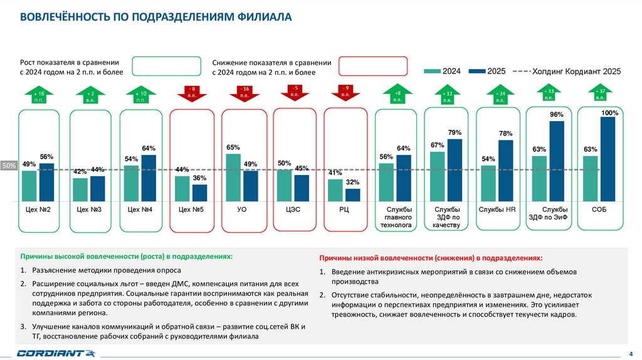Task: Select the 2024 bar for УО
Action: click(233, 177)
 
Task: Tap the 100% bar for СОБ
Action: click(608, 159)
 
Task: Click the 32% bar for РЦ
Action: click(353, 195)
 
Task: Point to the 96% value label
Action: click(557, 115)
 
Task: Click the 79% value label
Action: click(455, 132)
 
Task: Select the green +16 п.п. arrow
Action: click(39, 95)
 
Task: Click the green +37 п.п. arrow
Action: click(600, 93)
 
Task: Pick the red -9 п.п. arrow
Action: click(345, 92)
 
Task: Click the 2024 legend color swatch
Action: click(433, 71)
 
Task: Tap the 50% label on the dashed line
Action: click(8, 166)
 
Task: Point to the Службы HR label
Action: click(497, 209)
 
